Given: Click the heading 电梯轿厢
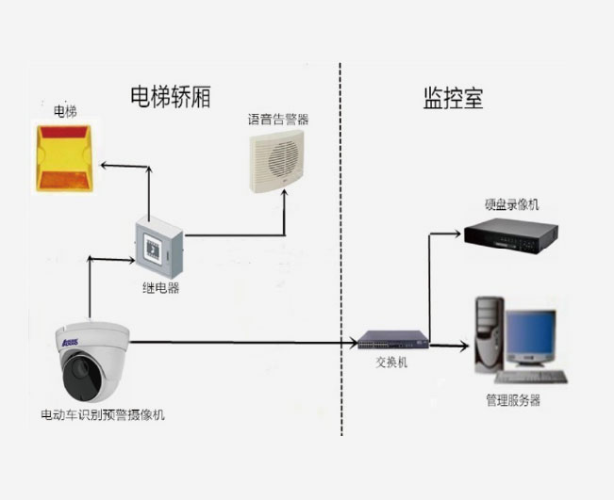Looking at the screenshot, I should [170, 96].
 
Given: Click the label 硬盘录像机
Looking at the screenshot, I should [512, 204].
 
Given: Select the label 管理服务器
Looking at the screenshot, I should [513, 400].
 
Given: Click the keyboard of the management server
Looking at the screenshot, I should [539, 376].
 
